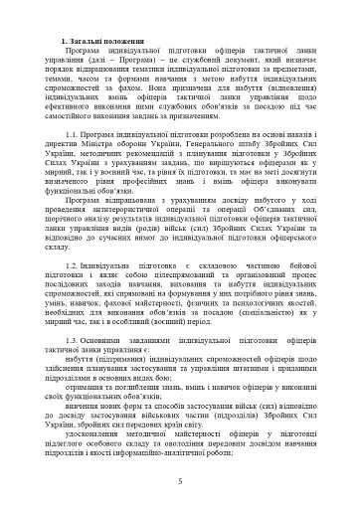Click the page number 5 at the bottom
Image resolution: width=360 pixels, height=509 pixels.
pyautogui.click(x=180, y=481)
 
